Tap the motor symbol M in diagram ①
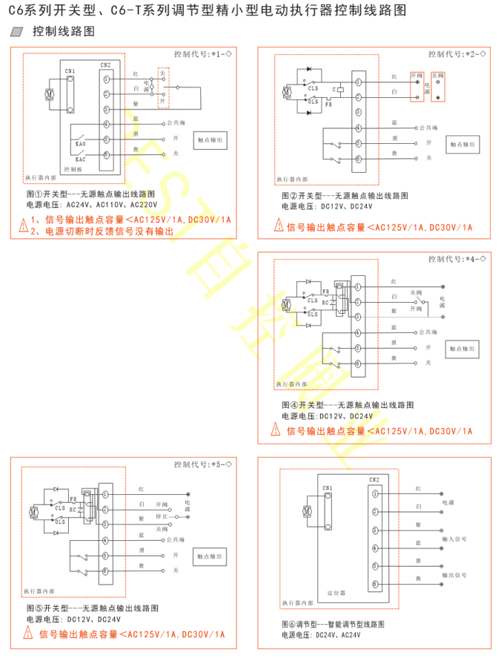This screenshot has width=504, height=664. tap(49, 94)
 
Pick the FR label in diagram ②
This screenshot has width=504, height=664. tap(328, 105)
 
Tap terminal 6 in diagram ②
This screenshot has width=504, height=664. tap(358, 158)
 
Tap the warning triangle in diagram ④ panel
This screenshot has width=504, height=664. tap(279, 431)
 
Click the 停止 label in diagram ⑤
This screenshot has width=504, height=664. tap(162, 516)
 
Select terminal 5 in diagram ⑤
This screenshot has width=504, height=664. tap(107, 555)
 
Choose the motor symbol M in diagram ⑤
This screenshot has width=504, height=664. tap(35, 513)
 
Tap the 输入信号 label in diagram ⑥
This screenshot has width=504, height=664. tap(454, 539)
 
